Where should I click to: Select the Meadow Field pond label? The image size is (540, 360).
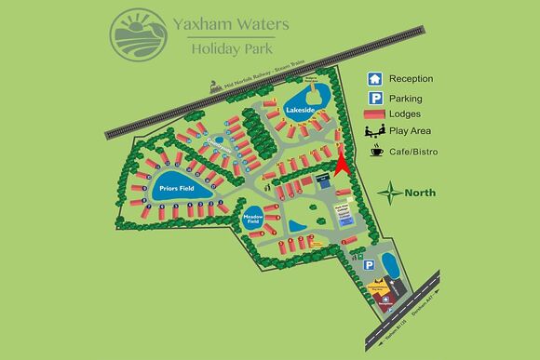254,220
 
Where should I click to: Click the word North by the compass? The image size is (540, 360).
420,193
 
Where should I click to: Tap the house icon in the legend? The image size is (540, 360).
373,78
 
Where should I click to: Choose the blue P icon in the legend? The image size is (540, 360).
373,98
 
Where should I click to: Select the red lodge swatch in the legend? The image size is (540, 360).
373,114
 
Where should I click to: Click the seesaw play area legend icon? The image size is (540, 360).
373,132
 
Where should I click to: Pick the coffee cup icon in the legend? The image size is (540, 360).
374,151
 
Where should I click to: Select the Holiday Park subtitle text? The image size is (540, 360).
229,49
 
